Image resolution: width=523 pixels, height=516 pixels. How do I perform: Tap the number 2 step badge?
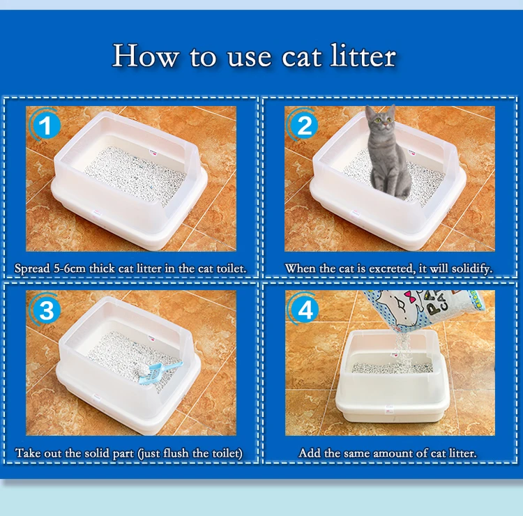[x=305, y=126]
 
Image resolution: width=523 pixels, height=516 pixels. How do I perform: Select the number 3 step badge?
[x=45, y=310]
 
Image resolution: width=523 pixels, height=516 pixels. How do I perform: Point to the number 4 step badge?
[x=305, y=310]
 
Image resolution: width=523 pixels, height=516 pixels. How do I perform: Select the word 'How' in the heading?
[x=144, y=56]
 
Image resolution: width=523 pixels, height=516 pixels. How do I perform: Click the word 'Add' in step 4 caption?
[x=310, y=453]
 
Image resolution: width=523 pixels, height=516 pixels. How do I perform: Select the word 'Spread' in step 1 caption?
[x=33, y=268]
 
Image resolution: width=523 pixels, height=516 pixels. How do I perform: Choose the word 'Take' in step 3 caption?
[x=27, y=453]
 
